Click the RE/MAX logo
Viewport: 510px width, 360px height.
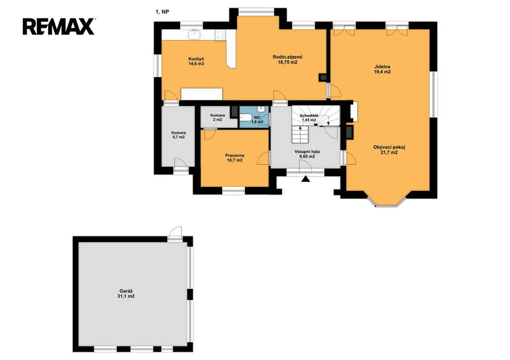pyautogui.click(x=59, y=27)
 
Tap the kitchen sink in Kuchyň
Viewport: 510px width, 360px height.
pyautogui.click(x=195, y=34)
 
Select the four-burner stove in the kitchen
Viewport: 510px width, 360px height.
pyautogui.click(x=221, y=35)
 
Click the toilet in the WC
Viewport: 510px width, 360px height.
pyautogui.click(x=245, y=118)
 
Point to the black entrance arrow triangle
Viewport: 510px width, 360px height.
pyautogui.click(x=305, y=179)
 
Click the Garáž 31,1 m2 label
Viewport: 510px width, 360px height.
pyautogui.click(x=126, y=294)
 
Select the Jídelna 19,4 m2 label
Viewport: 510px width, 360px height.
pyautogui.click(x=382, y=69)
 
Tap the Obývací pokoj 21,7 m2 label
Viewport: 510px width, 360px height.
pyautogui.click(x=389, y=149)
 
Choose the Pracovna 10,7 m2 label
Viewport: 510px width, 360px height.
pyautogui.click(x=235, y=158)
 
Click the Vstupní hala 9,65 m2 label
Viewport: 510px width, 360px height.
pyautogui.click(x=307, y=154)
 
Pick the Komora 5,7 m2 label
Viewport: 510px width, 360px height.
pyautogui.click(x=179, y=135)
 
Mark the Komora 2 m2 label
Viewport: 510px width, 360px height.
pyautogui.click(x=217, y=118)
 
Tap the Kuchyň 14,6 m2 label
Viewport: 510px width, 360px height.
pyautogui.click(x=196, y=61)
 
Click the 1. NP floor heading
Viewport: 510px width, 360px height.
pyautogui.click(x=162, y=12)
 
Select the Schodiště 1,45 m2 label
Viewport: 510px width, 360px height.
pyautogui.click(x=309, y=118)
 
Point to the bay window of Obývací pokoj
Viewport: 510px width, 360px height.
pyautogui.click(x=386, y=202)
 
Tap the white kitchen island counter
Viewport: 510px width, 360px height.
pyautogui.click(x=202, y=94)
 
